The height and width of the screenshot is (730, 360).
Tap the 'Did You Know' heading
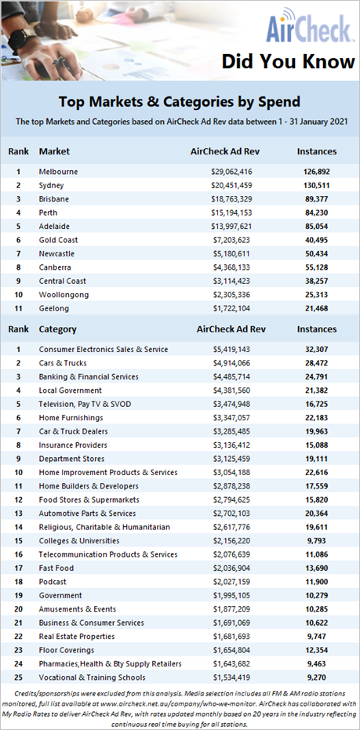pos(288,61)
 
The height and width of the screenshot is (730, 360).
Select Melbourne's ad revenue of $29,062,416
pos(231,172)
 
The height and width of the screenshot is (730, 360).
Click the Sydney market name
pos(51,186)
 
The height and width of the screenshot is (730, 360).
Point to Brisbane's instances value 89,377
pos(317,199)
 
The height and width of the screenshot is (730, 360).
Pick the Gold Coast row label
pos(58,240)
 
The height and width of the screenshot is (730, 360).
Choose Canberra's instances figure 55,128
pos(317,267)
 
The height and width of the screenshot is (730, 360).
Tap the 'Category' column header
pos(58,329)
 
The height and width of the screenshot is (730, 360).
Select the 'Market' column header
pos(54,151)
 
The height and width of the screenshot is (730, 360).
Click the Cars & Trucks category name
pos(63,363)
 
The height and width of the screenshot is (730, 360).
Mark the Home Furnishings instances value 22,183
pos(317,418)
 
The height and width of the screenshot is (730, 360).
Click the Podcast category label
pos(53,582)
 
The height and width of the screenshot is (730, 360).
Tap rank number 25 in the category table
pos(19,677)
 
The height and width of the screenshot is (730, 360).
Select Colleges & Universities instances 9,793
pos(317,540)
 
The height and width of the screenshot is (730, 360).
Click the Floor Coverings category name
pos(67,650)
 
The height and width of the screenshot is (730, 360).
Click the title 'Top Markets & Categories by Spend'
pos(180,101)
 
